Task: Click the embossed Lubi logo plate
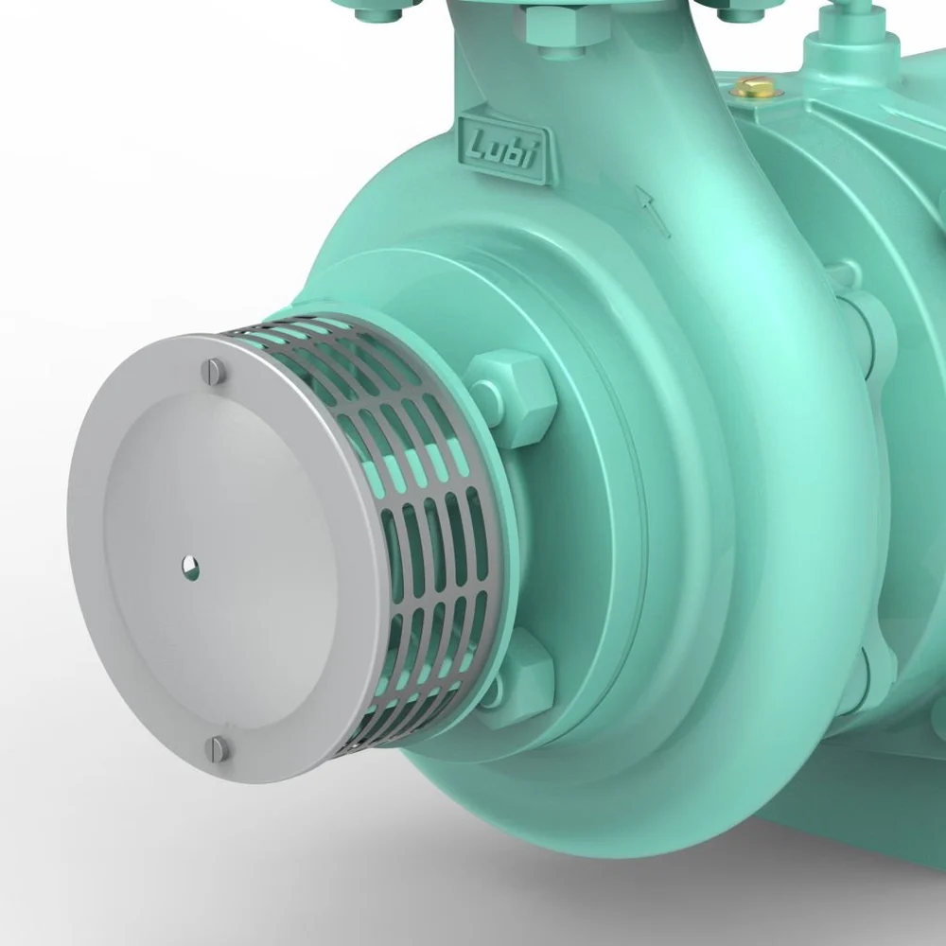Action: pyautogui.click(x=502, y=148)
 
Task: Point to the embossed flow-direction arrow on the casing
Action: pyautogui.click(x=652, y=211)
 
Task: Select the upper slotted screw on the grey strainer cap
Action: pyautogui.click(x=214, y=371)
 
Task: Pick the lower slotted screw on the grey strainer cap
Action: pyautogui.click(x=217, y=748)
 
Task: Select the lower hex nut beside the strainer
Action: pyautogui.click(x=517, y=670)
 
